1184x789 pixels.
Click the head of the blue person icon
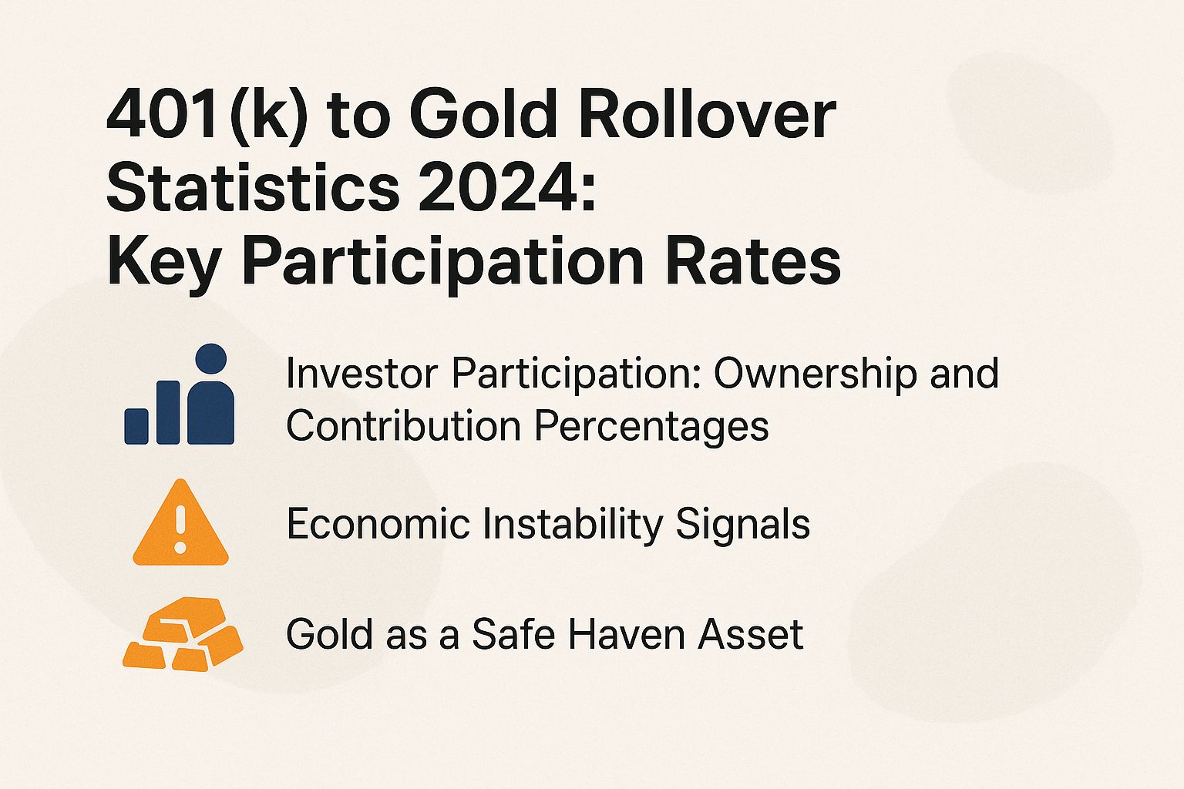[210, 359]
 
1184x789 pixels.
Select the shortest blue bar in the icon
[136, 426]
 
